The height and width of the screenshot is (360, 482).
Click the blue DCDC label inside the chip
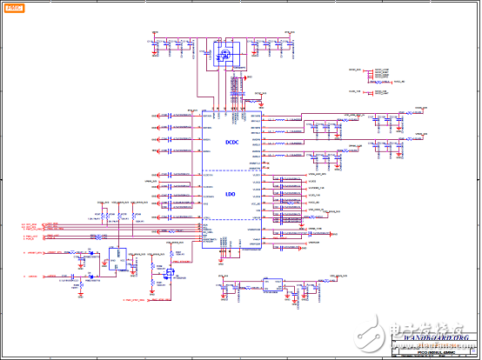[x=231, y=143]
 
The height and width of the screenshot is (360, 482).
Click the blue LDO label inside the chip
[x=231, y=195]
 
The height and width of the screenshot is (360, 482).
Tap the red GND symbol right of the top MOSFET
[x=248, y=78]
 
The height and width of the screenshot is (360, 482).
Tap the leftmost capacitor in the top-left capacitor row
[x=153, y=43]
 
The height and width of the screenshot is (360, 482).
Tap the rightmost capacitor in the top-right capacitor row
[x=292, y=43]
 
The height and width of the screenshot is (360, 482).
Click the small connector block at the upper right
[x=376, y=73]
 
